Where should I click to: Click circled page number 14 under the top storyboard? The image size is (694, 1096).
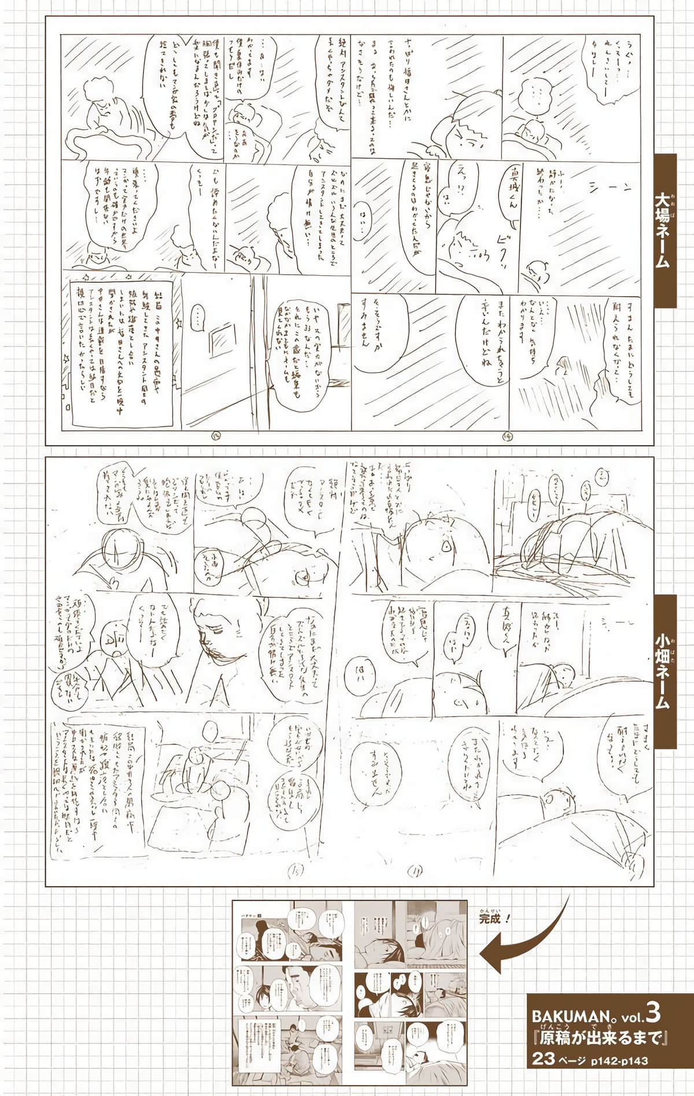[x=505, y=436]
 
